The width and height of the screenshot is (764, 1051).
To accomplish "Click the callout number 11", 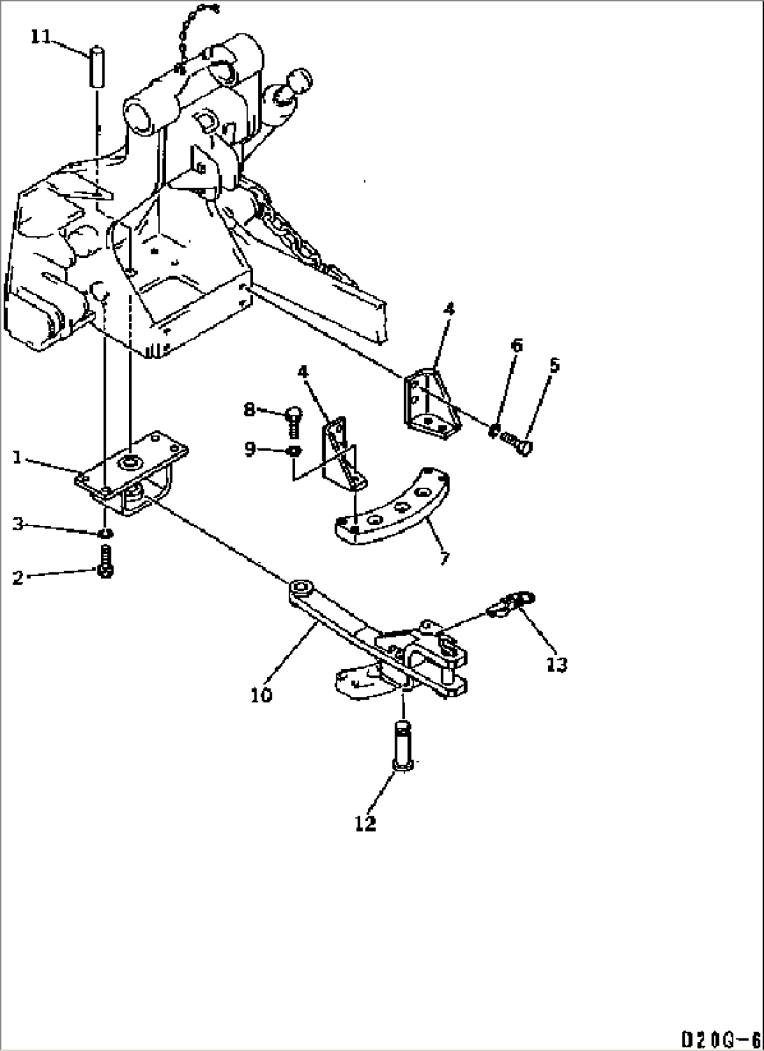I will tap(41, 36).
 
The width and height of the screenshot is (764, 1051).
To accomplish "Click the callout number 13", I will tap(557, 664).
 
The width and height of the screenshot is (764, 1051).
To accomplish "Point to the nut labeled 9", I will tap(294, 450).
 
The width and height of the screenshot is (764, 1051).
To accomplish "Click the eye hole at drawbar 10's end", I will tap(301, 584).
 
